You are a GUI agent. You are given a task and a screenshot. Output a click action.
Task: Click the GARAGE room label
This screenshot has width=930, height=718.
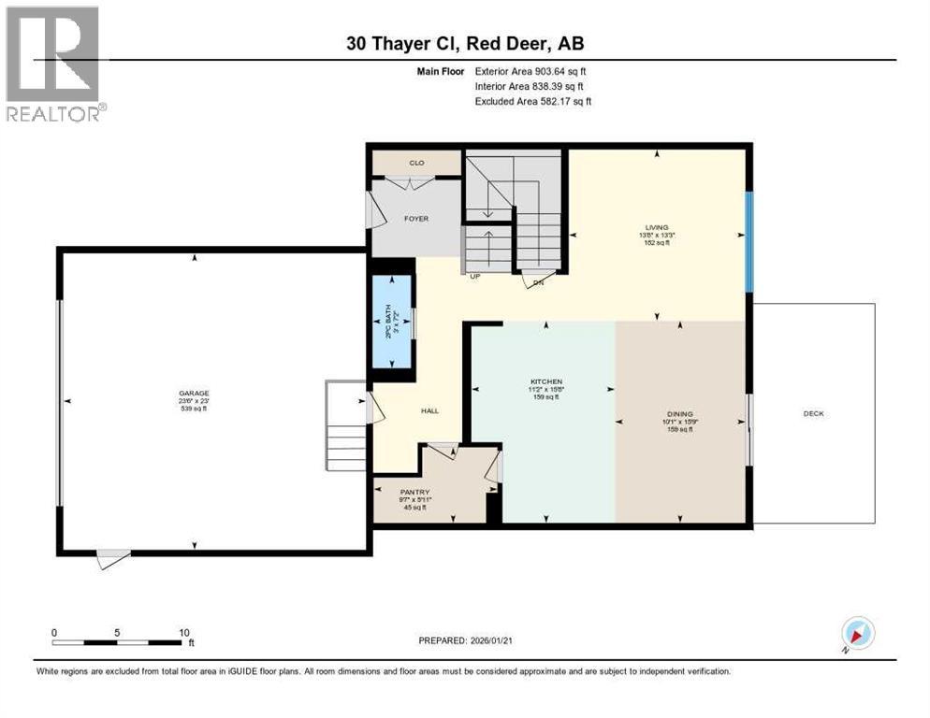click(195, 394)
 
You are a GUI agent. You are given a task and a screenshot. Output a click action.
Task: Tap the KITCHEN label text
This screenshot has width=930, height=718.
click(545, 382)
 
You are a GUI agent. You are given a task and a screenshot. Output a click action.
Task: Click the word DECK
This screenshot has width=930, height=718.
click(814, 413)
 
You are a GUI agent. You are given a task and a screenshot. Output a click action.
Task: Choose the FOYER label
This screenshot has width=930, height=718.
click(415, 219)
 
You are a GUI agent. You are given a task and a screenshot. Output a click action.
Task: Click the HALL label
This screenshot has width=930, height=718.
click(429, 410)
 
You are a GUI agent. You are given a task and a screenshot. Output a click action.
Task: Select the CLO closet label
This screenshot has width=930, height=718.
click(416, 164)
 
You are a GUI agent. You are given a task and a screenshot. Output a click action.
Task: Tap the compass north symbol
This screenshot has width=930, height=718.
click(857, 634)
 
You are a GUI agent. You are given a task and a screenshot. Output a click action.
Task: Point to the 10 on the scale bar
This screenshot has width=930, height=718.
click(184, 632)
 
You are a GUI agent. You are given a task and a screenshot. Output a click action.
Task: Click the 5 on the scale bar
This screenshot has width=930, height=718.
click(117, 632)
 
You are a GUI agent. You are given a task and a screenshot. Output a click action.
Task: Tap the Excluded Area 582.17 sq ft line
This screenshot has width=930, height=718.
click(533, 101)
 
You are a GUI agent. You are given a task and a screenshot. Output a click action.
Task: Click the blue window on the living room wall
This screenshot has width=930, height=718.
click(748, 240)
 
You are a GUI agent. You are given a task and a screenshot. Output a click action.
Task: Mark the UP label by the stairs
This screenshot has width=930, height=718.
click(474, 277)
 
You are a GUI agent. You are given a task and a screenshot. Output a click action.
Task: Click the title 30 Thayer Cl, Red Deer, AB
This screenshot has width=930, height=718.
click(464, 43)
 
